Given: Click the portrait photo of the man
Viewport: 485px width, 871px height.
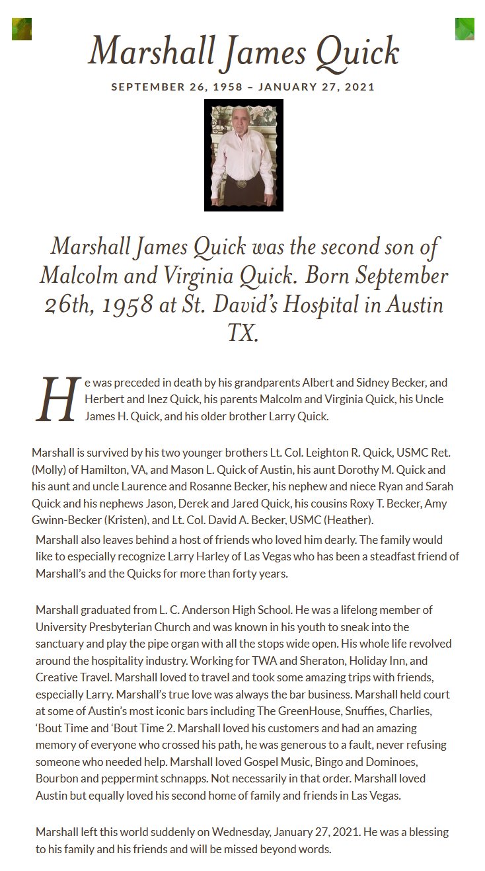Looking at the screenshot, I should [243, 155].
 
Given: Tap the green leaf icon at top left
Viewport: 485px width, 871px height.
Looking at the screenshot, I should [22, 29].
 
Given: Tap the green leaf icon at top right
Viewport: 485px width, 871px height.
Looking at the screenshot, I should [465, 29].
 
